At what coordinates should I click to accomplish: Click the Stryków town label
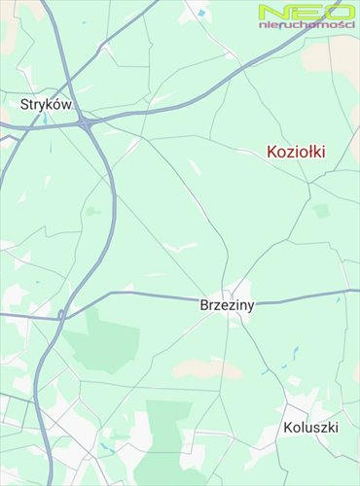point(47,104)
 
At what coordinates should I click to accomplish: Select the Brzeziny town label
point(226,304)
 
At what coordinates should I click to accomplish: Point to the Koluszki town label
point(311,428)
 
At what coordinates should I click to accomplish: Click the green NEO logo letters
point(305,12)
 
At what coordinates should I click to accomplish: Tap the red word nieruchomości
point(306,24)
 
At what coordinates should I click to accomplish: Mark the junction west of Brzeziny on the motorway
point(61,313)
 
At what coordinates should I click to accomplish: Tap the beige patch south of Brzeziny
point(206,368)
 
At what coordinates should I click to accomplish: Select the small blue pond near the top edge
point(200,13)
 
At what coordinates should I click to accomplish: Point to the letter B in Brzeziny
point(203,304)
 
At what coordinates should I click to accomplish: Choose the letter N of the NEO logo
point(271,12)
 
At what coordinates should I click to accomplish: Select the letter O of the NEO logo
point(338,12)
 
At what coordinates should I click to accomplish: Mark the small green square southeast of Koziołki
point(321,210)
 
